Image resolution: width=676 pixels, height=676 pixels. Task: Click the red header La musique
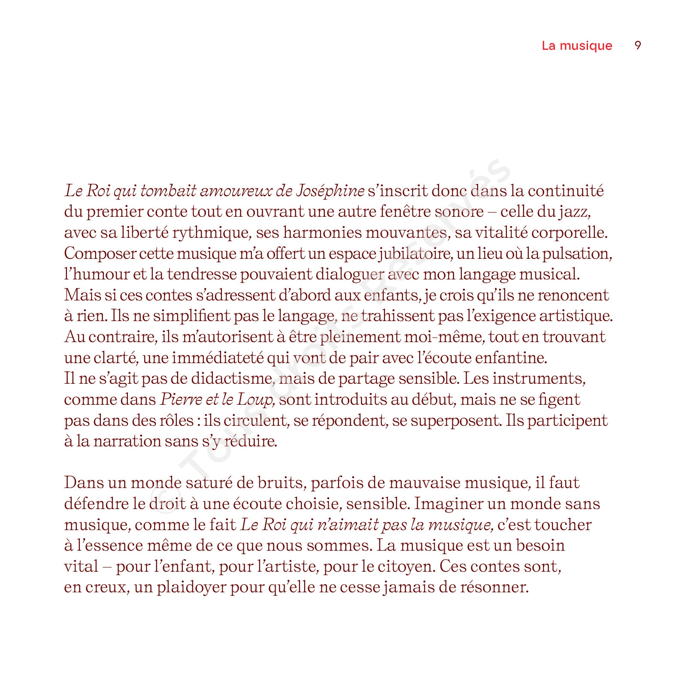[x=576, y=45]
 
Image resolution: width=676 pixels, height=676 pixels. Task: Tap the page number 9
[x=638, y=45]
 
